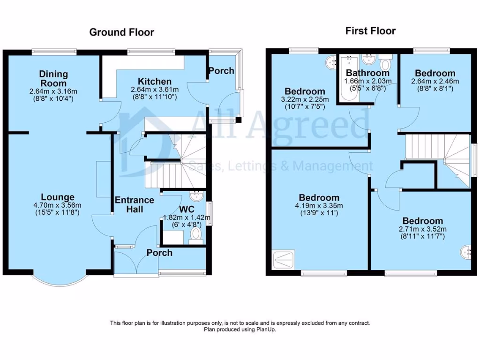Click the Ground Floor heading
[121, 32]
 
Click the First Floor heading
[370, 31]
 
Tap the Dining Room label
[53, 78]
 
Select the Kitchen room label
[154, 82]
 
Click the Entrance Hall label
[135, 205]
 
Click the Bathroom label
[367, 73]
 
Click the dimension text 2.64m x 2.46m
[435, 81]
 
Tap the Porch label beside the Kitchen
[221, 71]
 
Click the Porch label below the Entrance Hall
[159, 253]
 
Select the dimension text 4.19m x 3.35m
[319, 205]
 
